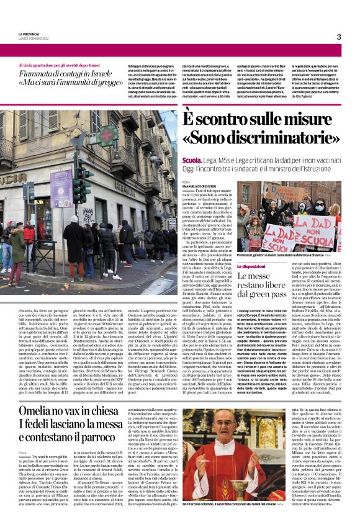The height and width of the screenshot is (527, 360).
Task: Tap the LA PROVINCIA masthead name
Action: click(x=29, y=35)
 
